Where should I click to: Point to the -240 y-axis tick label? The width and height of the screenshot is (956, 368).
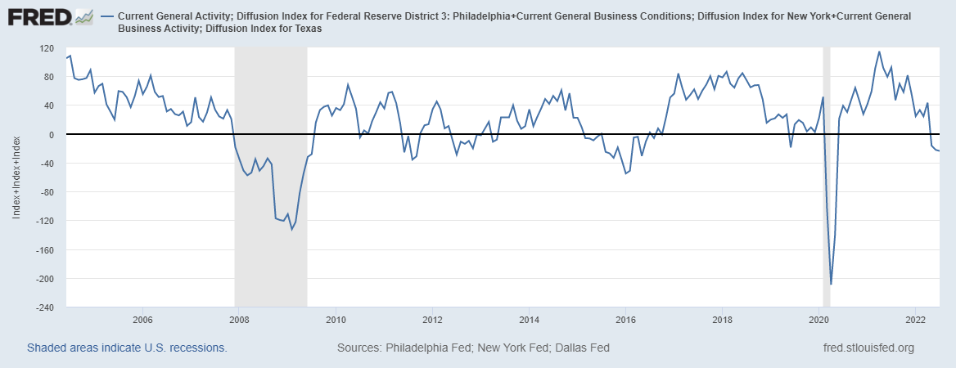[x=44, y=307]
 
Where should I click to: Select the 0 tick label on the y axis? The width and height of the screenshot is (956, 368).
[x=51, y=134]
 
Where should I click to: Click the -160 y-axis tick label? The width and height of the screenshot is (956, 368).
[x=44, y=249]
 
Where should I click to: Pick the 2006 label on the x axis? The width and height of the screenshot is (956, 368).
[x=142, y=319]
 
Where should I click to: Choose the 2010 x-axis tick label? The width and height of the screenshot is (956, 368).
[x=336, y=319]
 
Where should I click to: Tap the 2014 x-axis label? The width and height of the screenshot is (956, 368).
[x=529, y=319]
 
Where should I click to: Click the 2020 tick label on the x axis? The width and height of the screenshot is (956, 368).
[x=818, y=319]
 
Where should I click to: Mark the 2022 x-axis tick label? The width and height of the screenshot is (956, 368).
[x=915, y=319]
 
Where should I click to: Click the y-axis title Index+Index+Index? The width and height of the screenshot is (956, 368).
[x=16, y=178]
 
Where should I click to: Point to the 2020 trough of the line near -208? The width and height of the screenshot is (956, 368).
[x=831, y=284]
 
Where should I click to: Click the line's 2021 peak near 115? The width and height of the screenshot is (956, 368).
[x=879, y=52]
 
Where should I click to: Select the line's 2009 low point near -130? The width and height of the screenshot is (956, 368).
[x=291, y=229]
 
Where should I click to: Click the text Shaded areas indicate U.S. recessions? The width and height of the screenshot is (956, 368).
[x=127, y=348]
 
